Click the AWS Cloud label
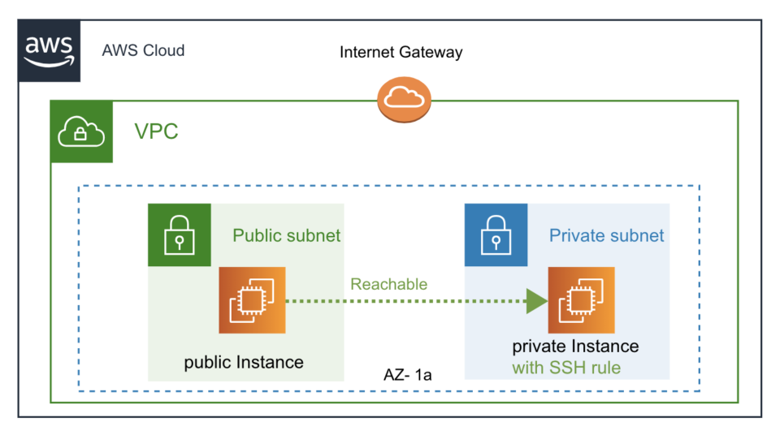[x=143, y=50]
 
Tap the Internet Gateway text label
[x=401, y=53]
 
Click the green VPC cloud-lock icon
[x=81, y=131]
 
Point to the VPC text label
[x=156, y=131]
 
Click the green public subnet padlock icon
[x=179, y=235]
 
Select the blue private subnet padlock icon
[x=496, y=235]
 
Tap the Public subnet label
[x=286, y=236]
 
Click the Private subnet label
[x=606, y=236]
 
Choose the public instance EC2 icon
[x=252, y=300]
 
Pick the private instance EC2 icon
[x=581, y=300]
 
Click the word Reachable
[x=388, y=284]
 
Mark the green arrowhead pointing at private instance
[x=535, y=301]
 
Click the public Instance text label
[x=244, y=362]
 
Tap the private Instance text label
[x=575, y=347]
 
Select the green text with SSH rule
[x=565, y=368]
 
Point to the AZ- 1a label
[x=406, y=376]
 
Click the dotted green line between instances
[x=406, y=301]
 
